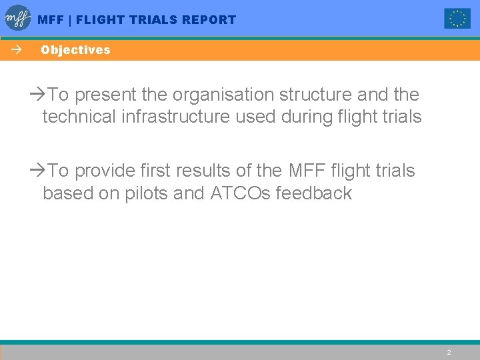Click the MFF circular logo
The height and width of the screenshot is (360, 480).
[18, 19]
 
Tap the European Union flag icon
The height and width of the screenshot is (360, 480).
[457, 19]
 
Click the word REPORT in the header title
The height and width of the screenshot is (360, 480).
[210, 20]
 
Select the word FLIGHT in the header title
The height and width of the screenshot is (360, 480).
[100, 20]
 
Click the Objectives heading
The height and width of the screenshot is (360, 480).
[75, 50]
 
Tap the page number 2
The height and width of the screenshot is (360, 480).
[449, 352]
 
